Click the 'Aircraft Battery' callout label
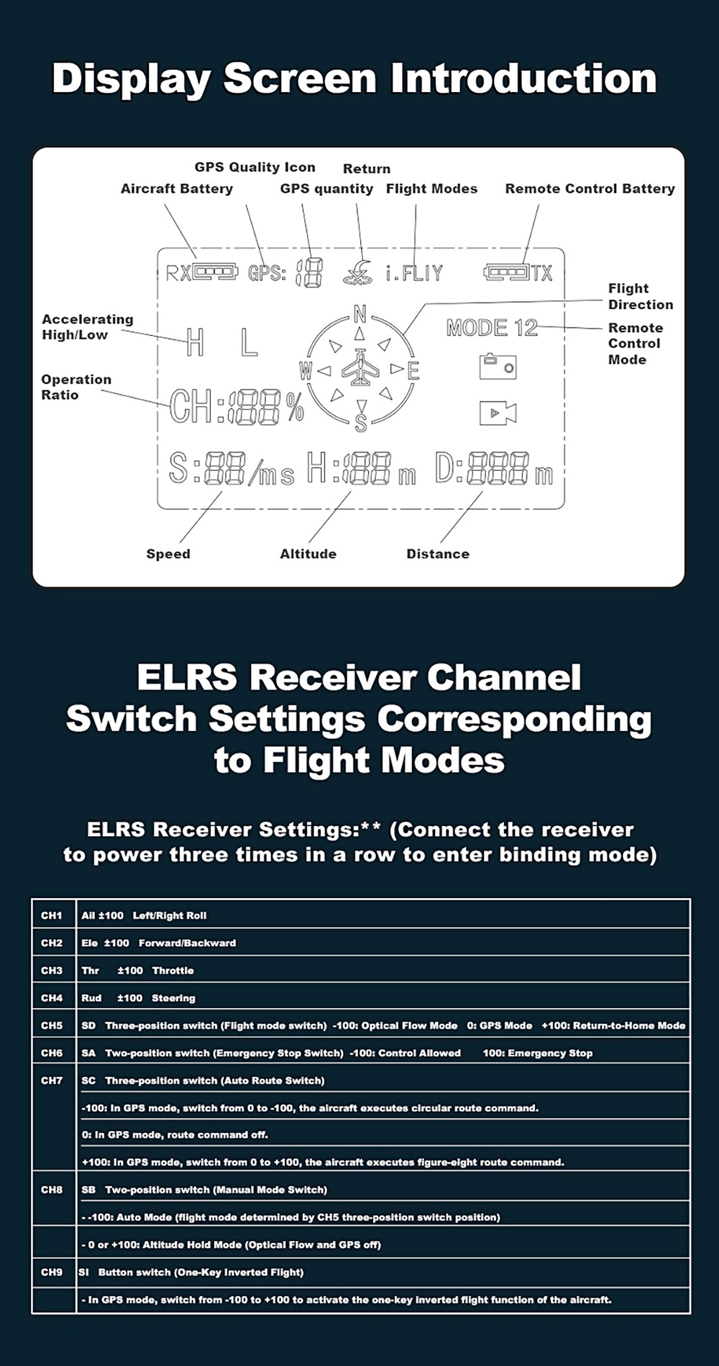[176, 189]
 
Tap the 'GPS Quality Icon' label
[255, 168]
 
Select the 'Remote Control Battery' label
[590, 189]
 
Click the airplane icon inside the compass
[360, 369]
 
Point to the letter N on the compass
[360, 313]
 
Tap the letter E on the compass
[413, 371]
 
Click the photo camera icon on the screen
[498, 366]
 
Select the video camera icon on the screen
[498, 413]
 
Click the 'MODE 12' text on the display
[492, 328]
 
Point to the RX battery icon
[214, 272]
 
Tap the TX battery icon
[506, 272]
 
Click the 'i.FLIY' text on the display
[414, 273]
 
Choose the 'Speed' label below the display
[168, 554]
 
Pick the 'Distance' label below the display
[437, 554]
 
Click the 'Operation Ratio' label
[76, 387]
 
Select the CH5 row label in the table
[52, 1025]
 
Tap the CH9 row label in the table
[52, 1272]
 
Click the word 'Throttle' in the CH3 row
[173, 971]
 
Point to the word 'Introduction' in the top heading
[523, 78]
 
